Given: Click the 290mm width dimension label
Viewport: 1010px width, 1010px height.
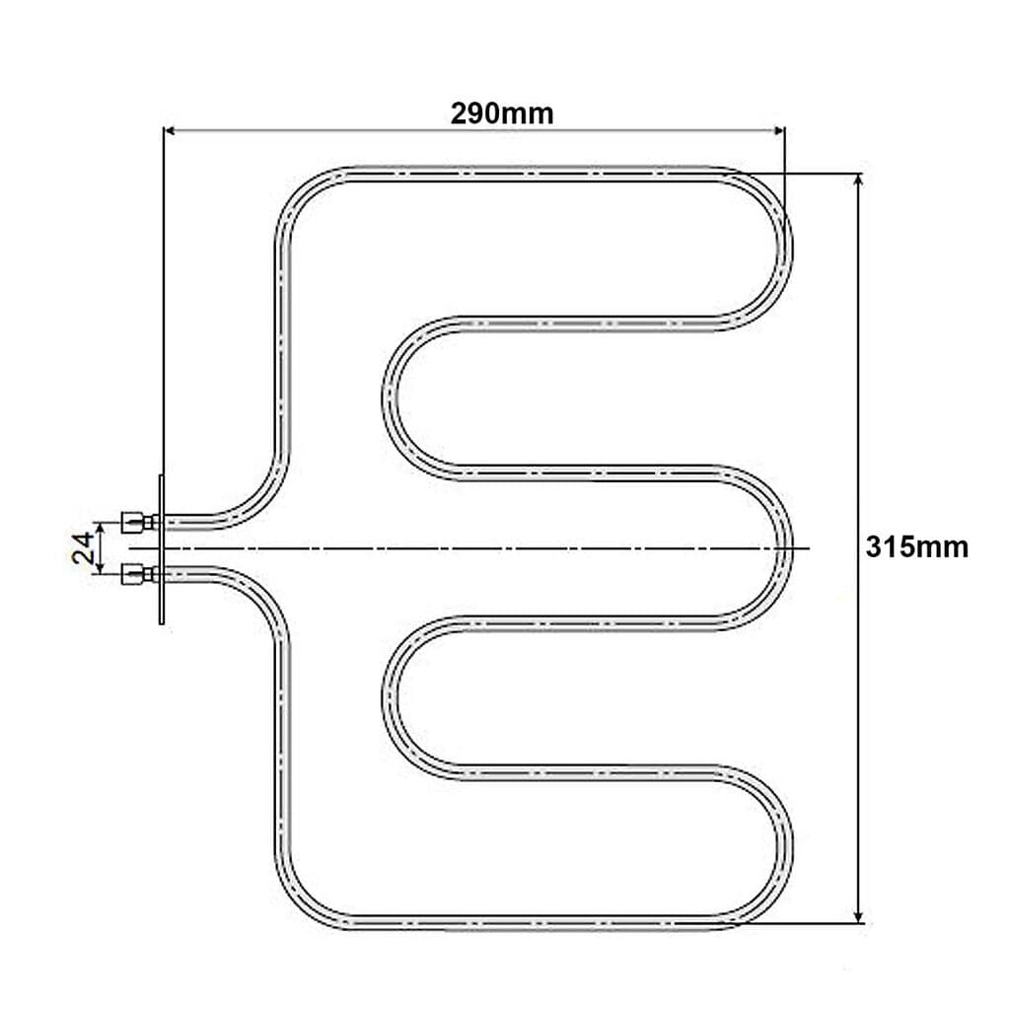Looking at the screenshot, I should [502, 113].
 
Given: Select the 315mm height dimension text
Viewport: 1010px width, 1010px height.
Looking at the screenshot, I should [916, 546].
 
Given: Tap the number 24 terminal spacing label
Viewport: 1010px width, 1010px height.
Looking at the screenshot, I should [84, 546].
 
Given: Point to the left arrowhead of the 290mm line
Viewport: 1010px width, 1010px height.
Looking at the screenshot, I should [169, 129].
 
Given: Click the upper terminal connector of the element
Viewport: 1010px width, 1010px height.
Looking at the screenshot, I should [136, 520].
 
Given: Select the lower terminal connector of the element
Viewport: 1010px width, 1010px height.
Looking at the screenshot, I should [136, 572].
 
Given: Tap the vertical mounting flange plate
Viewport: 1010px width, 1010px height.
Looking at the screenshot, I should [161, 547].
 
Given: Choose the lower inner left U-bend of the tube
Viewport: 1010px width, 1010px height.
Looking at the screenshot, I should [389, 695].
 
